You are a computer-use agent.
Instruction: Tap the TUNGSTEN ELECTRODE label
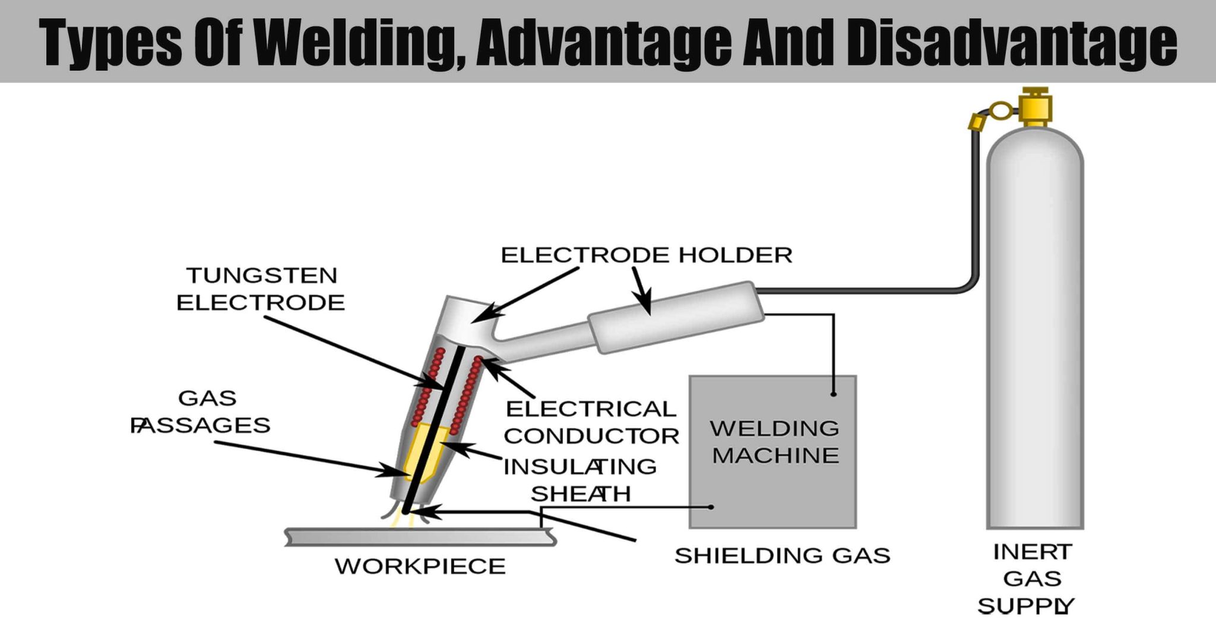[261, 289]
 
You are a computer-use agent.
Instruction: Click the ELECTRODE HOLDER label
[647, 255]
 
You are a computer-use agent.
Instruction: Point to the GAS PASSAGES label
[202, 411]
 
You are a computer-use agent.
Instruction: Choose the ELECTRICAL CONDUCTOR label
[591, 422]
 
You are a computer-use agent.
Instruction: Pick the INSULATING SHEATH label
[580, 480]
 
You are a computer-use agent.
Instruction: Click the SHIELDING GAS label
[782, 556]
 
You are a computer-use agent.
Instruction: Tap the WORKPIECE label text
[420, 566]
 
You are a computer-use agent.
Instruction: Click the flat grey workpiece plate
[420, 537]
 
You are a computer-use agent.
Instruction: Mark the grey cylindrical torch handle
[677, 318]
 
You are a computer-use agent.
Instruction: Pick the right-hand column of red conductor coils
[467, 395]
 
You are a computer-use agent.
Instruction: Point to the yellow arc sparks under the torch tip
[401, 521]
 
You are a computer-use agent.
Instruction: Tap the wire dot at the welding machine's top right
[834, 394]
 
